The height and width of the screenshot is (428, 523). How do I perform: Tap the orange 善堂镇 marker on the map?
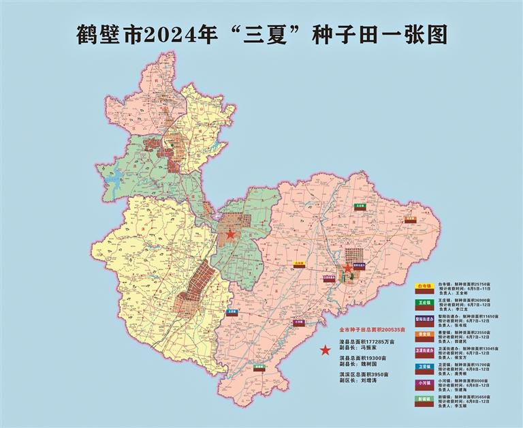coord(409,219)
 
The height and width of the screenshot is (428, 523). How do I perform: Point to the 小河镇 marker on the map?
coord(298,322)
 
